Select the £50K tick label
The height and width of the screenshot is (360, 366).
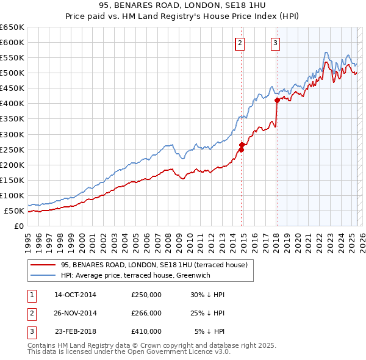[x=15, y=211]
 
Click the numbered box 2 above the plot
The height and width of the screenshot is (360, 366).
[x=240, y=43]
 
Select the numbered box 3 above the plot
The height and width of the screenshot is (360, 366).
[x=276, y=43]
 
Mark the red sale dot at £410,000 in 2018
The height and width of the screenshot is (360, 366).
[x=277, y=100]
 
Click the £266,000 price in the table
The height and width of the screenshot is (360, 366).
[x=146, y=313]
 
